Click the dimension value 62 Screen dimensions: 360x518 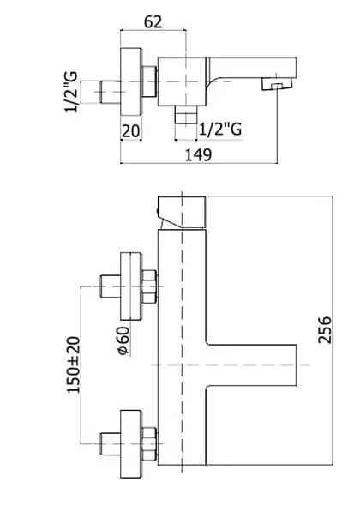coord(153,21)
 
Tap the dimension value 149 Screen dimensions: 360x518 coord(198,154)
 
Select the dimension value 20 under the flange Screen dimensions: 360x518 coord(131,131)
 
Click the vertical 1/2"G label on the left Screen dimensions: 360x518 coord(71,92)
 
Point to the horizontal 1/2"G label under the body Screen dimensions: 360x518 coord(220,129)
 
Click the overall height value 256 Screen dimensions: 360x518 coord(324,329)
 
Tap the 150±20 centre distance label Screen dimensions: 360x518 coord(74,364)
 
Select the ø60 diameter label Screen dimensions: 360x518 coord(123,340)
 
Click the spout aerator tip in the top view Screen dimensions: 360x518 coord(277,83)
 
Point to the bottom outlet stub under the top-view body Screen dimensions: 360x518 coord(186,115)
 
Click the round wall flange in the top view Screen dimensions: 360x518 coord(131,81)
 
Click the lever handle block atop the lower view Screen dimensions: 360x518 coord(182,212)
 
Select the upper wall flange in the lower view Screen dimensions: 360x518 coord(131,286)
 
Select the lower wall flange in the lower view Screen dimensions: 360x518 coord(131,444)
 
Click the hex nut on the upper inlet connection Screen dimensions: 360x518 coord(149,286)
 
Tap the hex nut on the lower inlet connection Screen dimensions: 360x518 coord(149,444)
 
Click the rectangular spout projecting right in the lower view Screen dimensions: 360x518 coord(251,365)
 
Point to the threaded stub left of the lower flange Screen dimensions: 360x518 coord(111,444)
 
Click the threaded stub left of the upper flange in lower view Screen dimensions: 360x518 coord(111,286)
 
